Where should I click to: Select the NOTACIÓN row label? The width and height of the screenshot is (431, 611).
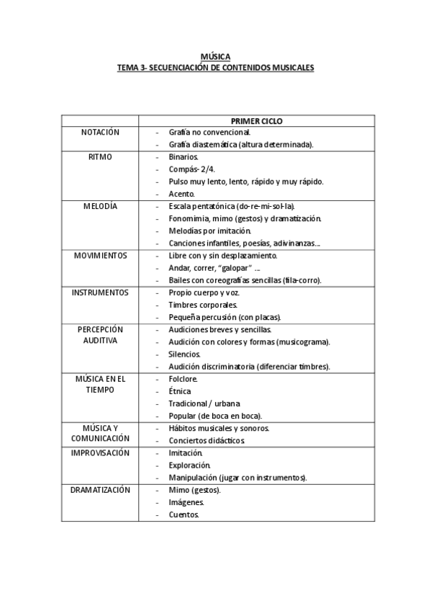(100, 133)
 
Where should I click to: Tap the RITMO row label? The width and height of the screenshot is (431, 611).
(100, 156)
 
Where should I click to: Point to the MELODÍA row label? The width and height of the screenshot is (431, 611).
(100, 206)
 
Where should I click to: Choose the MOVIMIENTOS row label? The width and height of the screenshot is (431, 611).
(100, 255)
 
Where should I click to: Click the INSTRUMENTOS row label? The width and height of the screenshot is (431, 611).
(100, 293)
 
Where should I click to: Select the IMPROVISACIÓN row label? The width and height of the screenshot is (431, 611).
(100, 452)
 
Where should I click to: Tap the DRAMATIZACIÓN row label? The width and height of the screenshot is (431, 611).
(100, 490)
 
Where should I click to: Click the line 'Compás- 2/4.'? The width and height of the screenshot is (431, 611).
(192, 169)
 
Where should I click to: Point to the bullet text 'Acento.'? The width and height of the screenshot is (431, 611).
(182, 194)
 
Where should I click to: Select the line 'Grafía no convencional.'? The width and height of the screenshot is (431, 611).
(209, 133)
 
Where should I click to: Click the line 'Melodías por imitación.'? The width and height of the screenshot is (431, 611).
(209, 231)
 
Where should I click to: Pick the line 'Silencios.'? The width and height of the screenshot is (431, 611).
(185, 354)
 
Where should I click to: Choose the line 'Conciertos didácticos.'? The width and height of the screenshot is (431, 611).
(207, 440)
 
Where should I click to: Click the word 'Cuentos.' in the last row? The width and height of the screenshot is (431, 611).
(183, 514)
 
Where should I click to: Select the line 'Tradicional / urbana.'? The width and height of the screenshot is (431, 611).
(204, 403)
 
